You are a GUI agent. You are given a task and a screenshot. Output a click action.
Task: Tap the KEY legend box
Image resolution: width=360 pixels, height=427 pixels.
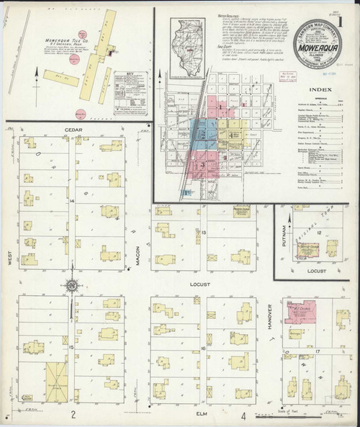click(x=135, y=84)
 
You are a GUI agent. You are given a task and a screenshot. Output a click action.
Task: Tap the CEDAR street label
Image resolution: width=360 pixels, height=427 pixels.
click(x=74, y=130)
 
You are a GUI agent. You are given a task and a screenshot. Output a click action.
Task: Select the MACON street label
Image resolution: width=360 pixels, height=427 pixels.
click(x=138, y=255)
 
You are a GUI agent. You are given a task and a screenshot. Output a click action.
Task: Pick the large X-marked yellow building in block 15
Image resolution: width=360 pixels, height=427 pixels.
click(x=56, y=382)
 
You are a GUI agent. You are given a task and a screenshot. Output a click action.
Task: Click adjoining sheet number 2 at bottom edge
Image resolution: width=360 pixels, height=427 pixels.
click(x=73, y=415)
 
